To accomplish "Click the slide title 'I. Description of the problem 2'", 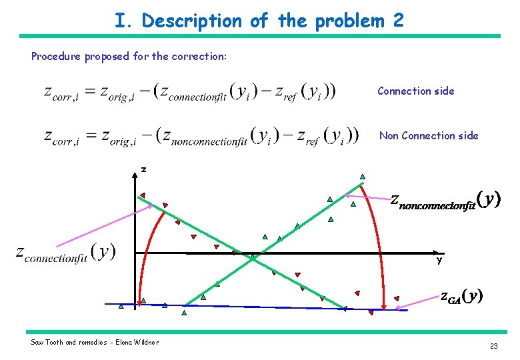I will coord(259,21).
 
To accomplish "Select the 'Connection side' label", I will coord(415,91).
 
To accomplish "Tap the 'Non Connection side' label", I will coord(429,135).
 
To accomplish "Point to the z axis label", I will coord(143,170).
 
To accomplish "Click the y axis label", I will coord(439,260).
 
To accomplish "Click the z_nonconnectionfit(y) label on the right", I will coord(445,201).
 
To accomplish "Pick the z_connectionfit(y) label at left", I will coord(65,253).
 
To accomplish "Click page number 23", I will coord(493,346).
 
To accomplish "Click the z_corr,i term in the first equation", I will coord(62,93).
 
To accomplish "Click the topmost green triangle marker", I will coord(362,177).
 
